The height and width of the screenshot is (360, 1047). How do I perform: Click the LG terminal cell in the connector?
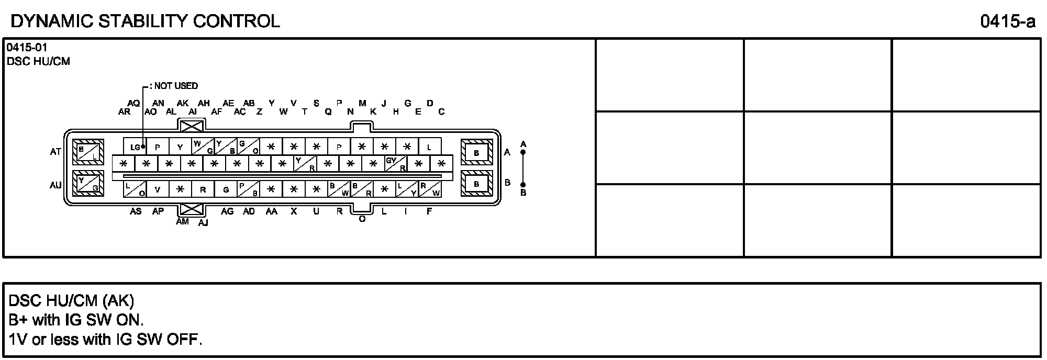[135, 147]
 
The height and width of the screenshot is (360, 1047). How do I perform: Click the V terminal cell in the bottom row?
[158, 189]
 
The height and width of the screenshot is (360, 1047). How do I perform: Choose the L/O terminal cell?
[135, 189]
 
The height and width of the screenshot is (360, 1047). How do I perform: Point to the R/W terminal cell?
[430, 189]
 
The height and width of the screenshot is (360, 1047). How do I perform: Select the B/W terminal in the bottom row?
[339, 189]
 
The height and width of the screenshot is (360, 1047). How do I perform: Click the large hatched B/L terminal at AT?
[88, 152]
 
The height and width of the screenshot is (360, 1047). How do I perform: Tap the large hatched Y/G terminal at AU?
[88, 184]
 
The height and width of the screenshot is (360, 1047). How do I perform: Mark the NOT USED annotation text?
[176, 86]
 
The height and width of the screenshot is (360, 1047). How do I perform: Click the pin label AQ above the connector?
[133, 104]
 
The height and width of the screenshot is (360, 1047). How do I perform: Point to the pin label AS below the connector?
[136, 211]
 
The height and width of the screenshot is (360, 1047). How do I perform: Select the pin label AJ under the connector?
[203, 223]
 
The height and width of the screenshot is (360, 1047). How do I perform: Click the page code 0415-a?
[1008, 21]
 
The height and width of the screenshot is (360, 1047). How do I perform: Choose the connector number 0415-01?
[27, 48]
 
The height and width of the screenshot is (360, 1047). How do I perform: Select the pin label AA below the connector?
[271, 211]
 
